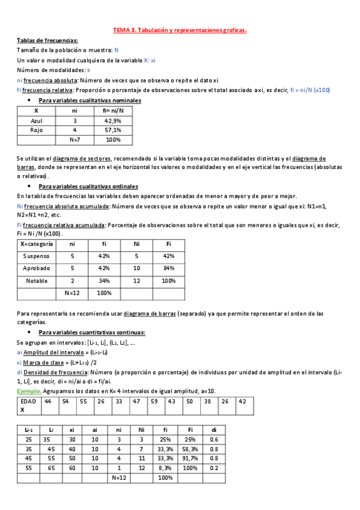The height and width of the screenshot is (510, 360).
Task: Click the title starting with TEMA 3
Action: (180, 29)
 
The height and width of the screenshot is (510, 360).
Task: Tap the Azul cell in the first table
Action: (37, 120)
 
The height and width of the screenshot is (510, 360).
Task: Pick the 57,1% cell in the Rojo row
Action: (113, 130)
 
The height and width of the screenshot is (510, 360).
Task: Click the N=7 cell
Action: (75, 140)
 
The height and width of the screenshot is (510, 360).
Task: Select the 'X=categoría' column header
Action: (37, 244)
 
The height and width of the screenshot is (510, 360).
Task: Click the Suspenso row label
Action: (37, 256)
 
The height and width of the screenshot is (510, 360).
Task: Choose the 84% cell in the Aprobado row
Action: (168, 268)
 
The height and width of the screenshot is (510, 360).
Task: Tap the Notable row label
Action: (37, 281)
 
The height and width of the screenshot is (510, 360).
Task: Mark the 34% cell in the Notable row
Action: (104, 281)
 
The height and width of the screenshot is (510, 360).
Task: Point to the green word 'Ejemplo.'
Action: (28, 390)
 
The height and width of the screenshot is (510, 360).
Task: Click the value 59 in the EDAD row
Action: (154, 401)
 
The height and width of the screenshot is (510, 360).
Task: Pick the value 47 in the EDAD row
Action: (136, 401)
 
